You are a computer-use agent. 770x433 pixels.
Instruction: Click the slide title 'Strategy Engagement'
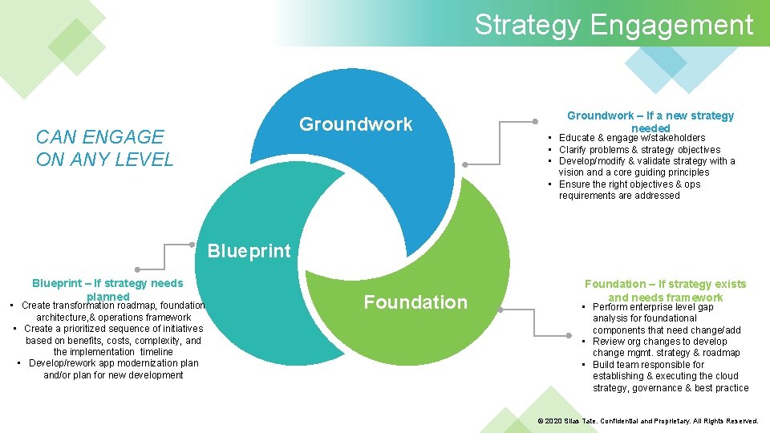[x=614, y=25]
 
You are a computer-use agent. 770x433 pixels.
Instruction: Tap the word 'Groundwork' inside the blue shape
[x=355, y=124]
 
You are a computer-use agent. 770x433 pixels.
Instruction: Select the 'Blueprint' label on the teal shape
[x=249, y=251]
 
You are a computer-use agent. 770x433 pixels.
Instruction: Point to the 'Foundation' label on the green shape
[x=415, y=302]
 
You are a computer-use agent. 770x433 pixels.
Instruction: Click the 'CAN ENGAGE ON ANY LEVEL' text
[x=104, y=148]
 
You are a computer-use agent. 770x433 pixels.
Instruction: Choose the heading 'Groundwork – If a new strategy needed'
[x=650, y=121]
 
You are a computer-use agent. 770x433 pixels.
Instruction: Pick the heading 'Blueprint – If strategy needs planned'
[x=107, y=289]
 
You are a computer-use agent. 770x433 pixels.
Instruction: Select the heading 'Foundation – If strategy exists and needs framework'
[x=665, y=290]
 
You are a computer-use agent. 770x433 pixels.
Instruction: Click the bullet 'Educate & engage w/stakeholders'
[x=632, y=138]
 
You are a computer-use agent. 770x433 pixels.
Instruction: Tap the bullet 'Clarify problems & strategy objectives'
[x=639, y=150]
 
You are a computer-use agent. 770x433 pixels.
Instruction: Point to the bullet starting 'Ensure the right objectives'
[x=630, y=190]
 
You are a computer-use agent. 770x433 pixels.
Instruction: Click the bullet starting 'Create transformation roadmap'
[x=113, y=311]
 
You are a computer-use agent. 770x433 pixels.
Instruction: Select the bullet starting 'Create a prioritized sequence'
[x=113, y=340]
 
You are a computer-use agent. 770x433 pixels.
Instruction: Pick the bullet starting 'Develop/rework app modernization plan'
[x=113, y=369]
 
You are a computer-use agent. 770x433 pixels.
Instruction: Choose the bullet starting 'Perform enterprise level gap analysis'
[x=666, y=318]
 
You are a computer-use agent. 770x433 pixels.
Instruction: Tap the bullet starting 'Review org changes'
[x=666, y=347]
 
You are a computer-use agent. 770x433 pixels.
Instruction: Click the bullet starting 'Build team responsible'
[x=670, y=376]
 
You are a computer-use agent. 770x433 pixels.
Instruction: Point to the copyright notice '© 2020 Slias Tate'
[x=647, y=421]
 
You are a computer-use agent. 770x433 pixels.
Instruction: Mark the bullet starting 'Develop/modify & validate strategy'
[x=646, y=167]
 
